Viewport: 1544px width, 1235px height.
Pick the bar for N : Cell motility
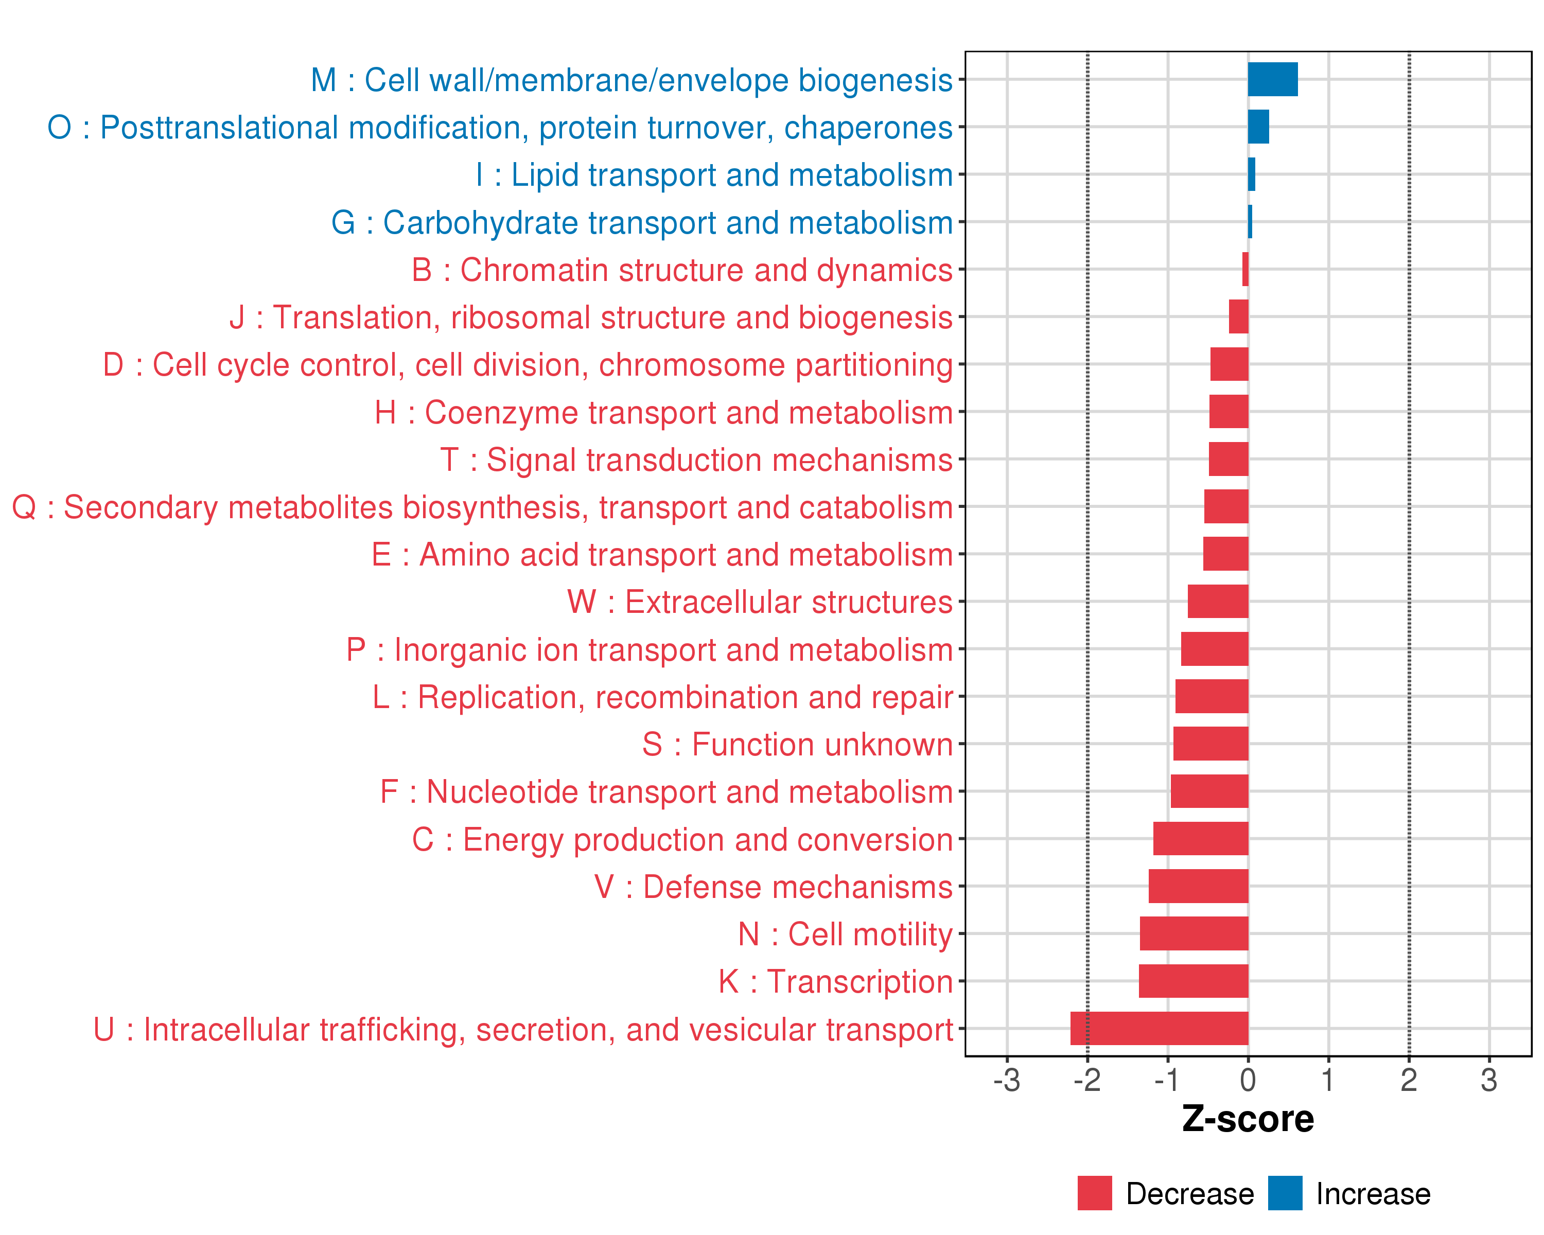coord(1194,933)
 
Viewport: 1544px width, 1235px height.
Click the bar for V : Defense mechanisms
coord(1198,886)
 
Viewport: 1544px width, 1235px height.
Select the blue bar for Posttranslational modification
coord(1258,127)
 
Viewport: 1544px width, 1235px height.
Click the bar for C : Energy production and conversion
coord(1200,838)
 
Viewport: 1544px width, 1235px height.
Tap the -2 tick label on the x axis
coord(1086,1080)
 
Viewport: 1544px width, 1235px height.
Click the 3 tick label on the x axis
coord(1489,1080)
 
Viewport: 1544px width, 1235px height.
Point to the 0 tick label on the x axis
coord(1248,1080)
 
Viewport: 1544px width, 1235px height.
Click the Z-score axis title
coord(1248,1119)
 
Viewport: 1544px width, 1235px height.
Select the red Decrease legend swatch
coord(1094,1193)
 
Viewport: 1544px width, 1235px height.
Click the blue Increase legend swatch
coord(1285,1193)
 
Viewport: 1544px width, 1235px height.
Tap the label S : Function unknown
coord(797,745)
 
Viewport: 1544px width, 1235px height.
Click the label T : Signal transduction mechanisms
coord(696,460)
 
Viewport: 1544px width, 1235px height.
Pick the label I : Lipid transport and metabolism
coord(714,174)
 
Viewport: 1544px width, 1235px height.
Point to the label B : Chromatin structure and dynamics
coord(682,270)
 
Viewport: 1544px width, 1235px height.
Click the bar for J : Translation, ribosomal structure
coord(1238,316)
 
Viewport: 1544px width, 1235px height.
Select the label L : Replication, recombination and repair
coord(662,697)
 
